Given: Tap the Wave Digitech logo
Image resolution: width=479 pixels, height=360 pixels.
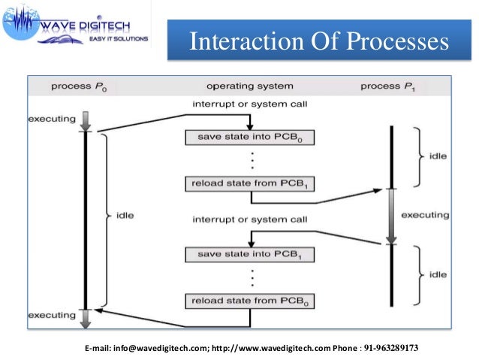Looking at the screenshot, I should coord(75,27).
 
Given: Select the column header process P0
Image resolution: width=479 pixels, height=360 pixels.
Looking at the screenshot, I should coord(78,86).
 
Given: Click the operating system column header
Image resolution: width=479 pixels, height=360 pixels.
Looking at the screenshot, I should coord(249,86).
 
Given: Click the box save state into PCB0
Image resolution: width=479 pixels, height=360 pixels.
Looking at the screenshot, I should coord(249,137).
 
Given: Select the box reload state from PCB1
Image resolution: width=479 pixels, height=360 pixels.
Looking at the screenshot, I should coord(249,184).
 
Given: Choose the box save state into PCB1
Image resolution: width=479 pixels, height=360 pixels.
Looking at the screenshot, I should coord(249,255).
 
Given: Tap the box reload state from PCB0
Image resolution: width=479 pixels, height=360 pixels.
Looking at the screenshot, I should coord(249,301).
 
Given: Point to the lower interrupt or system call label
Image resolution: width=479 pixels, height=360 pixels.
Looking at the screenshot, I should coord(239,219).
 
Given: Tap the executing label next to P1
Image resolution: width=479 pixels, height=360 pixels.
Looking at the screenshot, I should coord(425,215).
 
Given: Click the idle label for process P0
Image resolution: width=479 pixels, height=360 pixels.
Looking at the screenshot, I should coord(125,216).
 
